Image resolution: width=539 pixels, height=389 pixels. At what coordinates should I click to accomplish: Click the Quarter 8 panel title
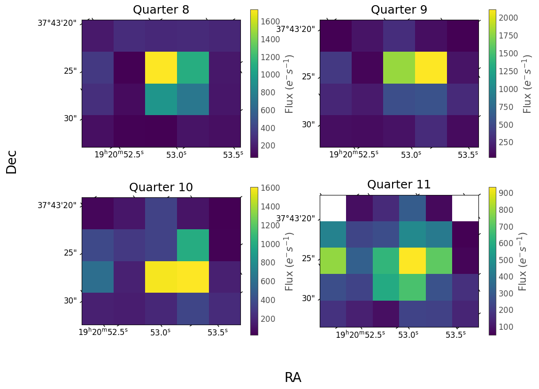coord(161,10)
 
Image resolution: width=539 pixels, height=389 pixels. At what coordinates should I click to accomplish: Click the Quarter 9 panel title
coord(399,10)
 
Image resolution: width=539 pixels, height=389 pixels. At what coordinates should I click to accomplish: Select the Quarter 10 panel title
coord(161,187)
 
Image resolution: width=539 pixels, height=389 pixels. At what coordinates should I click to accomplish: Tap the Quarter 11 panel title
coord(399,185)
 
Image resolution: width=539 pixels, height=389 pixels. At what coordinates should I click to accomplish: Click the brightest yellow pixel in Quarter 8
coord(161,68)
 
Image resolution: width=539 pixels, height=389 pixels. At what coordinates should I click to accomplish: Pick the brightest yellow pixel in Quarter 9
coord(431,68)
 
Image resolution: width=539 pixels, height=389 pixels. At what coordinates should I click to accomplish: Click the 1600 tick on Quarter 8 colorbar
coord(270,22)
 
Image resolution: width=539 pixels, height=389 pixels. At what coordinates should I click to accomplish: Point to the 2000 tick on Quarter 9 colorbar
coord(509,18)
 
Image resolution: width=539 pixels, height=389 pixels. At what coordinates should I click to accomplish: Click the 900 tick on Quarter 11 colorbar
coord(508,193)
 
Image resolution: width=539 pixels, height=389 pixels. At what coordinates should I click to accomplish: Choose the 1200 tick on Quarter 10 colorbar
coord(270,225)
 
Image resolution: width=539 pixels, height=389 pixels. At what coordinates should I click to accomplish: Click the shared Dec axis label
coord(12,162)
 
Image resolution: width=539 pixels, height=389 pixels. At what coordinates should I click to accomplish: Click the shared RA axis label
coord(293,378)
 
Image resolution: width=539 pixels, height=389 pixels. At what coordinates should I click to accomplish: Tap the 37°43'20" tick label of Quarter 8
coord(57,23)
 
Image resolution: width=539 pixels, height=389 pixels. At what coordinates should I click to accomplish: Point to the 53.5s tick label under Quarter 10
coord(218,332)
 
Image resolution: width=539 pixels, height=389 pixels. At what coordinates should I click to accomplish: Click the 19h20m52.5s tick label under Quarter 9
coord(353,155)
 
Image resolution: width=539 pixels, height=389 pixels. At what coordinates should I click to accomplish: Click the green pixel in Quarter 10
coord(193,245)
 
